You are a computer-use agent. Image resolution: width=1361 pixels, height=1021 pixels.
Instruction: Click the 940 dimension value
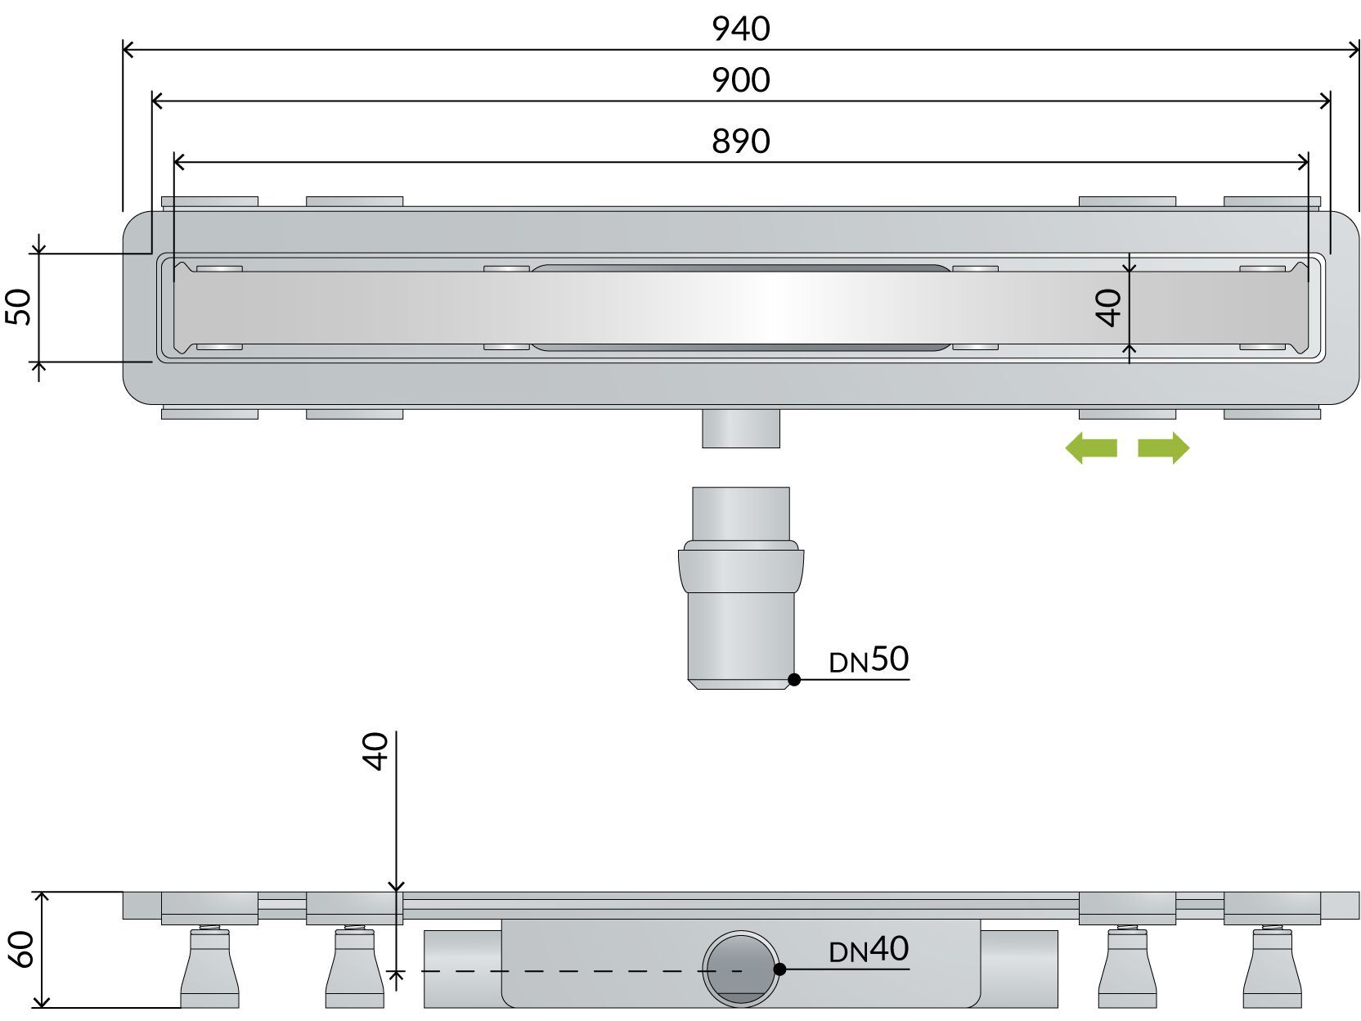coord(740,29)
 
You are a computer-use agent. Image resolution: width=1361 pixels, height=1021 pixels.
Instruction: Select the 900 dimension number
coord(740,80)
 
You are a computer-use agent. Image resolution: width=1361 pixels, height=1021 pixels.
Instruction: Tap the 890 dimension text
coord(740,142)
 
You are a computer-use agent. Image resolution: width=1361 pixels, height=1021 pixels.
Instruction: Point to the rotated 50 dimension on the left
coord(20,307)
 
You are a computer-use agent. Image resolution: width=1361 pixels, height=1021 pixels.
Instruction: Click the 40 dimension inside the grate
coord(1110,308)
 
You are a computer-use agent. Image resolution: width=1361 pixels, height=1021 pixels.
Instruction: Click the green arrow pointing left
coord(1091,448)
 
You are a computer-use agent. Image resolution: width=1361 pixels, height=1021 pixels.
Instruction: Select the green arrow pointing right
coord(1163,448)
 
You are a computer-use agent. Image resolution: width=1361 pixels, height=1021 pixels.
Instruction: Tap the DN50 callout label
coord(869,659)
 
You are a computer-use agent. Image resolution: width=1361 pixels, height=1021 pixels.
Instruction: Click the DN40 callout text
coord(869,950)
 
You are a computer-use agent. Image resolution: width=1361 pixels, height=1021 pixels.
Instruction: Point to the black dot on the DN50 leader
coord(793,679)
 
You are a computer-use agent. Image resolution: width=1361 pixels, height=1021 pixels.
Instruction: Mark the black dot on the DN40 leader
coord(779,969)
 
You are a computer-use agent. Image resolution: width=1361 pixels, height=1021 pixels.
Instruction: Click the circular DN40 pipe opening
coord(740,969)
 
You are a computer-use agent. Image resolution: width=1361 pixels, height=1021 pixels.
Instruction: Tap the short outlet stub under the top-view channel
coord(740,428)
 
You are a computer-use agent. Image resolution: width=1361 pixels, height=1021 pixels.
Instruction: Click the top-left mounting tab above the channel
coord(209,201)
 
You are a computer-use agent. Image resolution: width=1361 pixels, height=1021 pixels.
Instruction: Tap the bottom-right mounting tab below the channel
coord(1271,414)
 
